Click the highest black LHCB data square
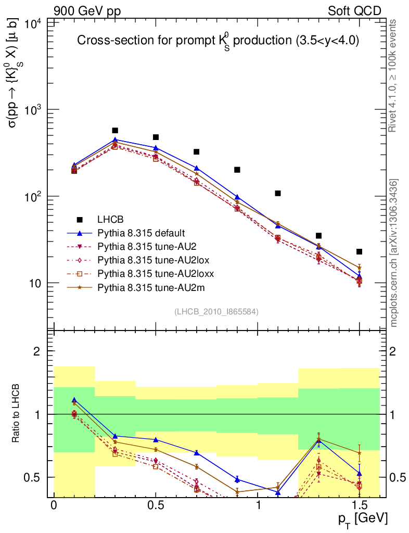tap(115, 131)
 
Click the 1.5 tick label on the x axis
tap(359, 505)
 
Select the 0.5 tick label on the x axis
tap(156, 505)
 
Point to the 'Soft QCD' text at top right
tap(354, 10)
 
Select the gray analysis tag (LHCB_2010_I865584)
tap(216, 312)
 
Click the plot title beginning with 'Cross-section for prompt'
tap(218, 42)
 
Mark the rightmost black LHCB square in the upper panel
tap(359, 252)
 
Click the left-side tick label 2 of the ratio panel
tap(37, 351)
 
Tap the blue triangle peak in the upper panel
tap(115, 140)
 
